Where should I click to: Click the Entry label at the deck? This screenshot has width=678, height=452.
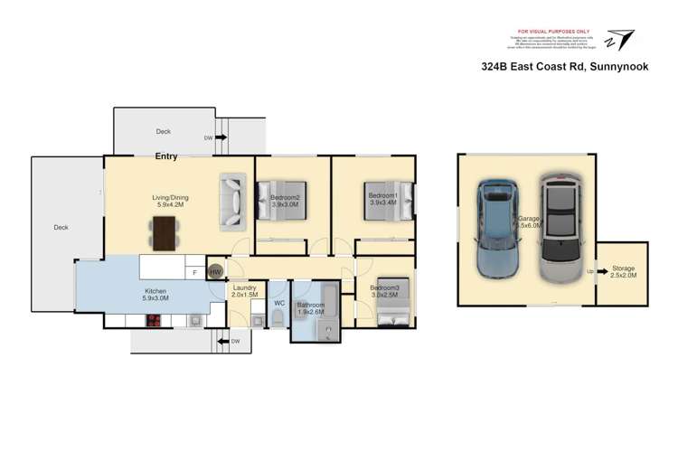tap(166, 157)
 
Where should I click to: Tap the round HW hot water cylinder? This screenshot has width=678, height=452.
tap(216, 271)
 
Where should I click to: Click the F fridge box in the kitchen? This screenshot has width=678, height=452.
tap(195, 271)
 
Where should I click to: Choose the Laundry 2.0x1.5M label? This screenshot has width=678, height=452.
tap(244, 291)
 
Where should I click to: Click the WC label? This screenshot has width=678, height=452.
tap(279, 303)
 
